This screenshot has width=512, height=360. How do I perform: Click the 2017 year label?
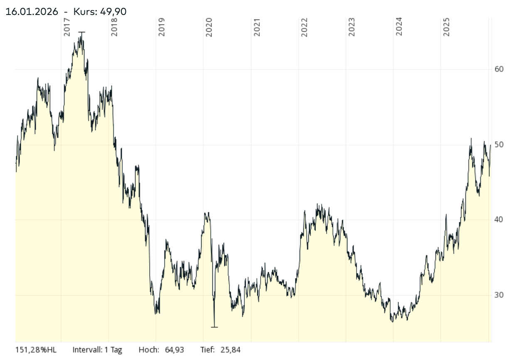[67, 27]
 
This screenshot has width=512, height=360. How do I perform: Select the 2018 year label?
[114, 27]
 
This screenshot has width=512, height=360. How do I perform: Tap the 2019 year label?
[162, 27]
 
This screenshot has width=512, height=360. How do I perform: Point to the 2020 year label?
[209, 27]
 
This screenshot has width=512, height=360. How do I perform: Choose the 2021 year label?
[257, 27]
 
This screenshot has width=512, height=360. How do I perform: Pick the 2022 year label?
[304, 27]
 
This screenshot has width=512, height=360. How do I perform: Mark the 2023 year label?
[352, 27]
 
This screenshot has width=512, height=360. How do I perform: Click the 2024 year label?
[399, 27]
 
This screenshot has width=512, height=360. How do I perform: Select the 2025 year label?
[447, 27]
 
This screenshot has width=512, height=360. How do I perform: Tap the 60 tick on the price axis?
[499, 69]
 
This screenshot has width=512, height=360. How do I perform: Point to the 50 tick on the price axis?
[499, 145]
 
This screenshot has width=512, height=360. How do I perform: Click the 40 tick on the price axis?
[499, 220]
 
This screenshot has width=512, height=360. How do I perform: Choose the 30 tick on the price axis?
[499, 295]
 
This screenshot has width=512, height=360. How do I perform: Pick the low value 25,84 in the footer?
[229, 350]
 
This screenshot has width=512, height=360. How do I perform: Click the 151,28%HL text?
[36, 350]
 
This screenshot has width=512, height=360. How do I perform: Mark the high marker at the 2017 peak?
[82, 32]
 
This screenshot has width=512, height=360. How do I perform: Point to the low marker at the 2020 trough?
[214, 327]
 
